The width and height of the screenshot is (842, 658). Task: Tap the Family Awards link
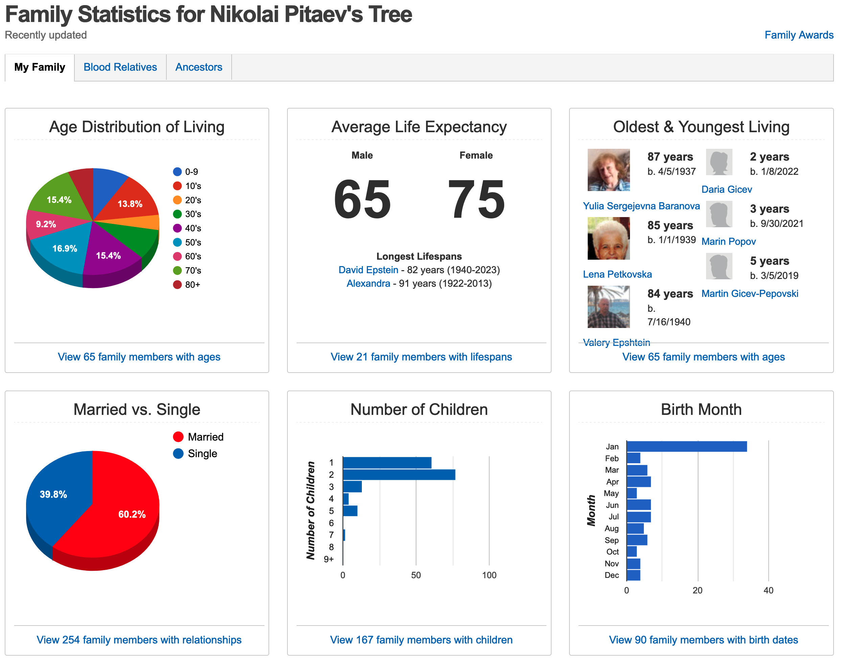pos(798,35)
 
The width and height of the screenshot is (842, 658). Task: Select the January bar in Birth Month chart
pos(686,446)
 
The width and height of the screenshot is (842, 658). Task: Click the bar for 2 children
pos(399,474)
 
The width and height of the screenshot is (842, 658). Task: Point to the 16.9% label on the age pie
pos(65,249)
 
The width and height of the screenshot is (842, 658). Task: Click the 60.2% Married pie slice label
pos(132,514)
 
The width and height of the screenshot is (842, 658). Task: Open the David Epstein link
pos(368,270)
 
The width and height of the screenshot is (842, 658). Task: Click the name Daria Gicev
pos(726,189)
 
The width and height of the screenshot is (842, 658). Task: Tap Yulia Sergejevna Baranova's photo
pos(608,170)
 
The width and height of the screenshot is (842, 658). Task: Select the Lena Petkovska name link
pos(617,274)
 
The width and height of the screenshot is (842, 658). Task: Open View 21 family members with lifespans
pos(421,357)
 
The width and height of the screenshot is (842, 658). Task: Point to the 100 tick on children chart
pos(489,575)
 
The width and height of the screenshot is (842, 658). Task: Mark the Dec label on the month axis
pos(611,575)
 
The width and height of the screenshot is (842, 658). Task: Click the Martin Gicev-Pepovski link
pos(749,293)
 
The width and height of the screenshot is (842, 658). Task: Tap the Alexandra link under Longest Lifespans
pos(368,283)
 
